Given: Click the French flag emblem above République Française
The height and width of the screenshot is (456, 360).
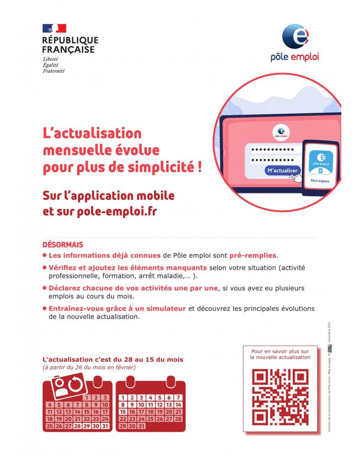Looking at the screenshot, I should [54, 28].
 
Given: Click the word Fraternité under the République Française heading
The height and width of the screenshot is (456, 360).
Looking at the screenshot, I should [53, 71].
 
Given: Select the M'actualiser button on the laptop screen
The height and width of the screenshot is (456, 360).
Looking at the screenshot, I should [282, 170].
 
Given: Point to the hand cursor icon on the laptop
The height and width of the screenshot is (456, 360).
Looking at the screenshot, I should [296, 178].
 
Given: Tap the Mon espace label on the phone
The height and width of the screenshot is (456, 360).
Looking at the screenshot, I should [321, 181].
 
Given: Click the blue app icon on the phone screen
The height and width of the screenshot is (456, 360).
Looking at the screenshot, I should [321, 160].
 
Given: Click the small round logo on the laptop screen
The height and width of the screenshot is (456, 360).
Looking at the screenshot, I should [281, 132].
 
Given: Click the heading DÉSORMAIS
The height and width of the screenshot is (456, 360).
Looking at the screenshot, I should [63, 245].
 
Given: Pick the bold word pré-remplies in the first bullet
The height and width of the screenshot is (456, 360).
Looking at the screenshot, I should [253, 255].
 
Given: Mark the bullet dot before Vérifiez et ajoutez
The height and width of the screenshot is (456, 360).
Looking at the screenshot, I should [45, 267].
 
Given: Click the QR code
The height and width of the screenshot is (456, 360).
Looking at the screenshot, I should [280, 396].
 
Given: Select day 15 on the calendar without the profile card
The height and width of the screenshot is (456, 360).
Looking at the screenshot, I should [123, 412].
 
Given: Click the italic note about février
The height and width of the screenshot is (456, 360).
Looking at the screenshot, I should [89, 368].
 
